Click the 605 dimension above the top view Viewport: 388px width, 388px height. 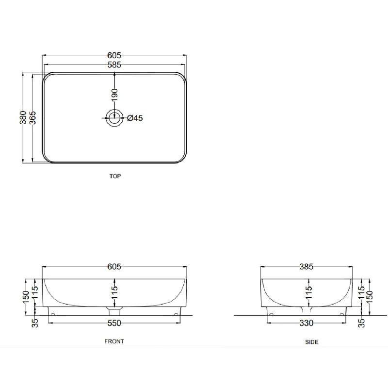coord(114,55)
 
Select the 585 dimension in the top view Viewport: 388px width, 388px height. coord(114,65)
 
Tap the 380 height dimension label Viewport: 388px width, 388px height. coord(23,117)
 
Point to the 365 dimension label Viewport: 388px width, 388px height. coord(32,118)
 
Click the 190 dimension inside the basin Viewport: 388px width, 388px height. coord(114,95)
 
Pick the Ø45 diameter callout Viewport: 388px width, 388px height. coord(135,118)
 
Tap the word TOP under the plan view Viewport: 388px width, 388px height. coord(115,176)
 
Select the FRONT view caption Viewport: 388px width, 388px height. coord(114,341)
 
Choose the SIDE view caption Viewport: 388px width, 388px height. coord(311,342)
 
